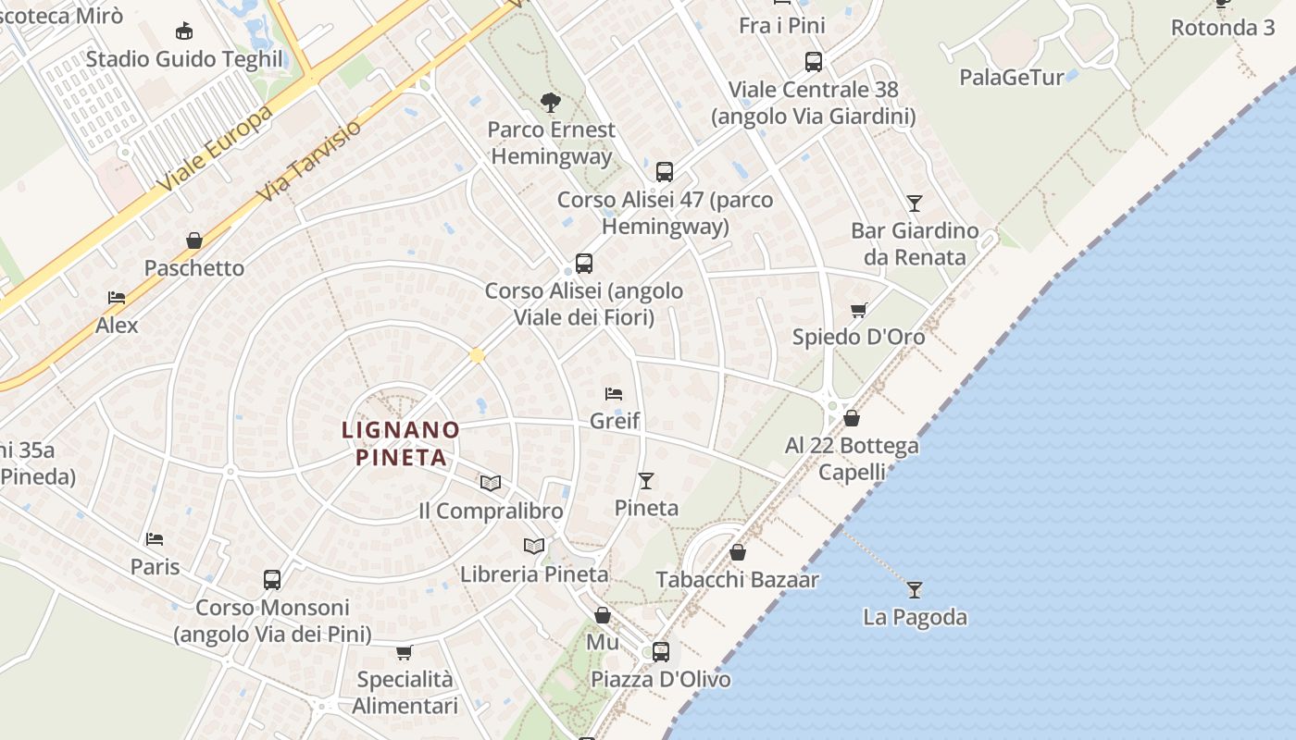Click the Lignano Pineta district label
(x=401, y=443)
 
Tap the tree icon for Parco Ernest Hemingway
(x=551, y=102)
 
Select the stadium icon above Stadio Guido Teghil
(x=184, y=31)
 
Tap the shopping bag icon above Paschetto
(x=194, y=241)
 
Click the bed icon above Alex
(x=117, y=298)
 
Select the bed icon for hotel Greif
(x=614, y=394)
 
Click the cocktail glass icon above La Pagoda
(x=915, y=589)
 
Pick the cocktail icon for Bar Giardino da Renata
(x=915, y=203)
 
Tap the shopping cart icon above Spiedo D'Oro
(x=859, y=310)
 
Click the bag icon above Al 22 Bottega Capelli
(x=852, y=419)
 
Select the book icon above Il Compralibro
(x=491, y=483)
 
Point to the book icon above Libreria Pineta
(x=534, y=546)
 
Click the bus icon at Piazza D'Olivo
(x=661, y=651)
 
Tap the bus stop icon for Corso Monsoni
(x=272, y=580)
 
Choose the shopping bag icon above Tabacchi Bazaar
(x=738, y=553)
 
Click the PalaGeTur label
(x=1012, y=77)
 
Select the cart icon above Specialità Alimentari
(x=405, y=653)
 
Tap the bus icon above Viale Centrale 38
(x=814, y=62)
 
